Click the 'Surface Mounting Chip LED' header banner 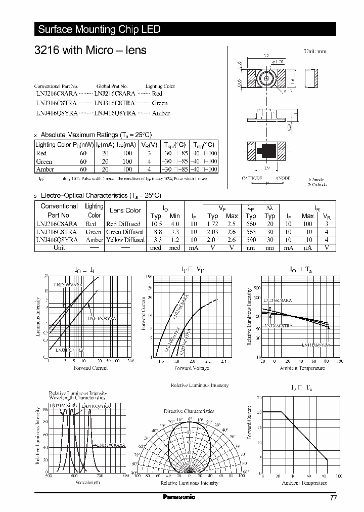coord(100,29)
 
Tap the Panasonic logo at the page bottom coord(178,497)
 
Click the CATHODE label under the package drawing coord(252,179)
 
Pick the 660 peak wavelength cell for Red coord(251,224)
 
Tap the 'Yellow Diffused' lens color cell coord(125,240)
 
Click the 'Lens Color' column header coord(125,210)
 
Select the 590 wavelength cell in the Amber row coord(251,240)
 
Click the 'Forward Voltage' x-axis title coord(191,368)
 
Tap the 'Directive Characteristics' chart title coord(189,411)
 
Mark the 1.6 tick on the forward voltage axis coord(161,362)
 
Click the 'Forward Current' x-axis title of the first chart coord(90,368)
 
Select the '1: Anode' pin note coord(316,180)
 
